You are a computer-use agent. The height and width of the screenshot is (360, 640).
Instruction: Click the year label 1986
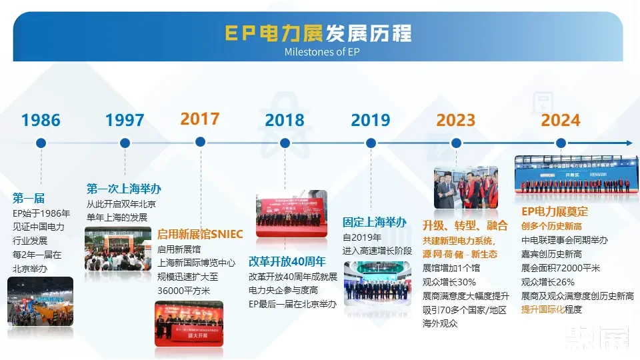click(x=41, y=121)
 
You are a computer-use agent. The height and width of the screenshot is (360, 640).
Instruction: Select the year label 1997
click(x=125, y=121)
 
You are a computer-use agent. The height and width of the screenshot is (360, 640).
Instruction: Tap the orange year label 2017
click(x=200, y=119)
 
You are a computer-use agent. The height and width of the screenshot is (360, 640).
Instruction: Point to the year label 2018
click(x=285, y=121)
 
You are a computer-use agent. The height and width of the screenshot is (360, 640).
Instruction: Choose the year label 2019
click(x=371, y=121)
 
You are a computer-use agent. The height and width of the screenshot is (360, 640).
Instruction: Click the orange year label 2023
click(x=456, y=121)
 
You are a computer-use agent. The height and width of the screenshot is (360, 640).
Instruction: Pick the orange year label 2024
click(x=561, y=121)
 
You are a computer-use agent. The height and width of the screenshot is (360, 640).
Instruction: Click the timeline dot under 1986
click(x=41, y=143)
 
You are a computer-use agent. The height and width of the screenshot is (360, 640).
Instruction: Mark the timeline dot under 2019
click(x=371, y=143)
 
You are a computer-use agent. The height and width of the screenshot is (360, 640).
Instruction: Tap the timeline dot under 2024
click(x=561, y=143)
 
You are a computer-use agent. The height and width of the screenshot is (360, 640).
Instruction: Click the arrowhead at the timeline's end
click(x=629, y=143)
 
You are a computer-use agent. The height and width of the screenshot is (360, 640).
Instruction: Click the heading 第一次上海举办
click(x=124, y=189)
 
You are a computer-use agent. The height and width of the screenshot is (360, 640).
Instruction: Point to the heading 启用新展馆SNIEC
click(x=200, y=234)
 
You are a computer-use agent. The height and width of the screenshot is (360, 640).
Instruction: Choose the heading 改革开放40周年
click(x=287, y=261)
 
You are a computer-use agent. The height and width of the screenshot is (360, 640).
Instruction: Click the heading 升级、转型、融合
click(x=465, y=225)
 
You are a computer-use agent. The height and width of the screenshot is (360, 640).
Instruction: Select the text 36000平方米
click(x=183, y=291)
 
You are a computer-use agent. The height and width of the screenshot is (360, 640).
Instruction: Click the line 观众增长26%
click(x=547, y=282)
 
